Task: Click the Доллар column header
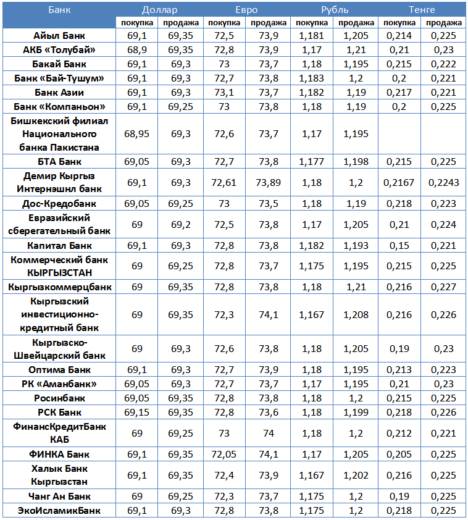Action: click(159, 10)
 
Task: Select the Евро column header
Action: click(246, 10)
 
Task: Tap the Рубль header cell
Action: click(334, 10)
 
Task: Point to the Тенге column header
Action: click(422, 10)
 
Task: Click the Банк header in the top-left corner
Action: click(59, 10)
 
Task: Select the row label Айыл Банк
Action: click(59, 36)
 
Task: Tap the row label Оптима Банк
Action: click(59, 370)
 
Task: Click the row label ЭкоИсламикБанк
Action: click(59, 511)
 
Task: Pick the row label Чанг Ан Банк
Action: click(59, 497)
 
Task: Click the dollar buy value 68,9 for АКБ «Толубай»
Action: click(137, 50)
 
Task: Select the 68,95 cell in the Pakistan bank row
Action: click(137, 134)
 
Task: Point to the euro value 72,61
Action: click(224, 183)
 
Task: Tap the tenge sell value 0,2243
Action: click(444, 183)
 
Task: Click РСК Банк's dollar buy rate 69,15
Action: click(137, 413)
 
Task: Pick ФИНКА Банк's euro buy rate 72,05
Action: click(224, 455)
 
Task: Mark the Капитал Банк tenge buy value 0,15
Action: click(399, 246)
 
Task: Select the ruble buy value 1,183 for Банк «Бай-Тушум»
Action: click(312, 78)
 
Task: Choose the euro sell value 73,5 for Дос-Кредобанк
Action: click(268, 204)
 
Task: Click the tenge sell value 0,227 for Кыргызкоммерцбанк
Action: click(444, 287)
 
